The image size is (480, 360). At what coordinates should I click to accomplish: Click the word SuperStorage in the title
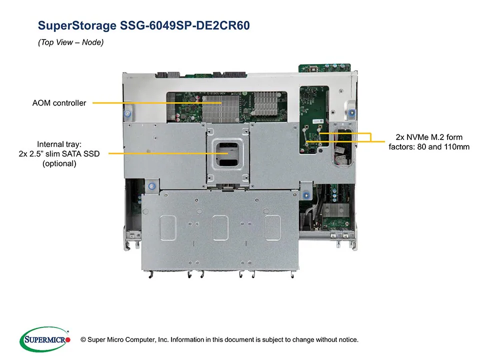coord(77,25)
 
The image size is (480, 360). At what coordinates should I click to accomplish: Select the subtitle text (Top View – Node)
coord(70,43)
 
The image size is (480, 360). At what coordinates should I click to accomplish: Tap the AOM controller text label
coord(59,103)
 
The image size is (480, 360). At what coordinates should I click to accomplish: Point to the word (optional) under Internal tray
coord(59,163)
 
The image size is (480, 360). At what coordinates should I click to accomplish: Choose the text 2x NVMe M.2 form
coord(433,137)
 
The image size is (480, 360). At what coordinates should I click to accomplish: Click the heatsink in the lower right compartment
coord(332,210)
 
